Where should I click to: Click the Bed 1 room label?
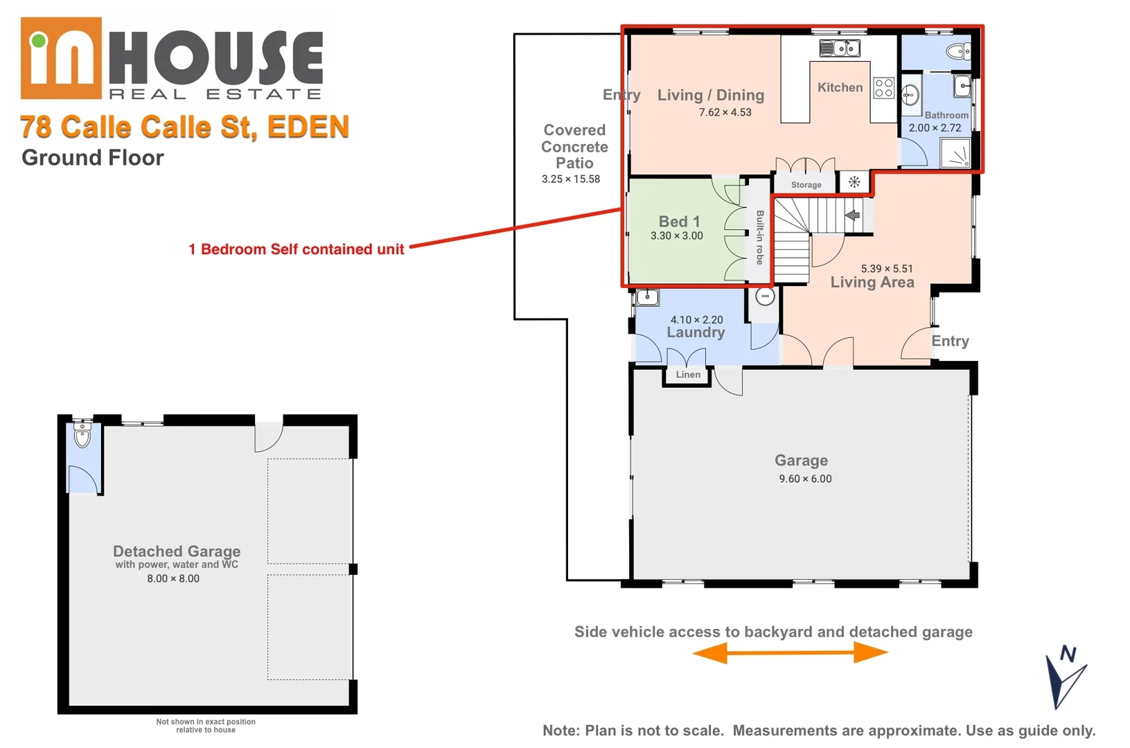click(679, 222)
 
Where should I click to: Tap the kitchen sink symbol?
click(840, 48)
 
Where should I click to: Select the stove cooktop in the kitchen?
click(883, 88)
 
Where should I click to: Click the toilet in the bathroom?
click(959, 51)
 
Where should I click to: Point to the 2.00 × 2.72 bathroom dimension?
click(935, 128)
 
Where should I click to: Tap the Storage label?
click(806, 185)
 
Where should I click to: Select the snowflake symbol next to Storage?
click(854, 182)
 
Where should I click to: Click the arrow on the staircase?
click(853, 215)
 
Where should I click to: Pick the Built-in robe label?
click(760, 238)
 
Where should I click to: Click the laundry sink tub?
click(647, 298)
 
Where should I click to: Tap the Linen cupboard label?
click(688, 375)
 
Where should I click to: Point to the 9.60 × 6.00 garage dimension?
click(805, 479)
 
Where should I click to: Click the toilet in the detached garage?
click(82, 436)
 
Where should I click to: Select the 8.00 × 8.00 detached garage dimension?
click(173, 578)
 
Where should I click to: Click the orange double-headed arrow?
click(790, 652)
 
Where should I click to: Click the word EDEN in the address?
click(308, 127)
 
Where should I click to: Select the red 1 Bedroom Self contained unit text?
click(296, 249)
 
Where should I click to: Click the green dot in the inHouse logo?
click(39, 41)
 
